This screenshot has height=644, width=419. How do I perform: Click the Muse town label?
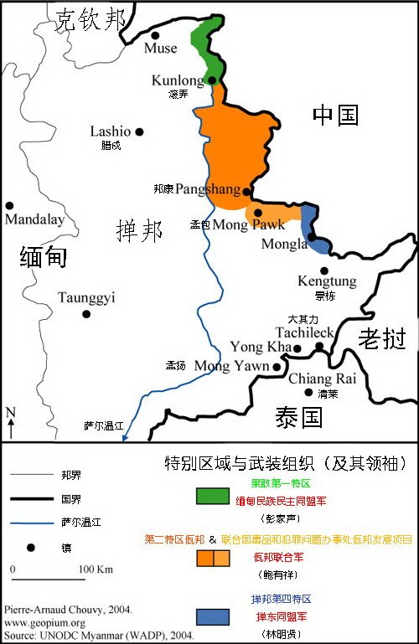click(x=161, y=49)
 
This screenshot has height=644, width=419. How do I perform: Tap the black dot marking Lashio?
click(x=139, y=131)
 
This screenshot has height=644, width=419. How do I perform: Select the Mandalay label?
click(x=34, y=220)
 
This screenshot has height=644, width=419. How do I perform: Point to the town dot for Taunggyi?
click(x=85, y=314)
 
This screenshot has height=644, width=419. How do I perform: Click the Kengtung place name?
click(x=327, y=281)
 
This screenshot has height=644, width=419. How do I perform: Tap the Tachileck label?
click(x=312, y=332)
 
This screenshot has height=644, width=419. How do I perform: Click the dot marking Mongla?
click(x=311, y=237)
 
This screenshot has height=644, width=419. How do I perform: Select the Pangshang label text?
click(x=208, y=190)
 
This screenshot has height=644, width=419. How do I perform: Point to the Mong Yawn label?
click(x=232, y=366)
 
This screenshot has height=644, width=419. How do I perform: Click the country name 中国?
click(x=336, y=116)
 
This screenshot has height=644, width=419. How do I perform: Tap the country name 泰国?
click(x=300, y=416)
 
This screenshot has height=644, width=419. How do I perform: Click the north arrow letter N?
click(x=10, y=412)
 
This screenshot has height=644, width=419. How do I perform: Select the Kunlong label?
click(x=178, y=80)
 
